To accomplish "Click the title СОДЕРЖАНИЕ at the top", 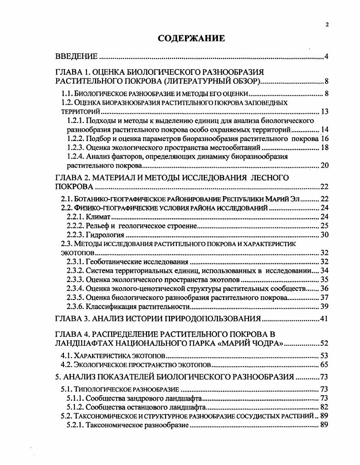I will tap(191, 38).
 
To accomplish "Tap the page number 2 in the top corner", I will tap(327, 25).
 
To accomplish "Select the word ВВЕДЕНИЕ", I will tap(76, 57).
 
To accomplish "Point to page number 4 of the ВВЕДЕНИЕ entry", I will tap(326, 57).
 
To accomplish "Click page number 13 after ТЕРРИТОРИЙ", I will tap(324, 111).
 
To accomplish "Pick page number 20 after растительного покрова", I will tap(324, 165).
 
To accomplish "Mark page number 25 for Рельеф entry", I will tap(324, 226).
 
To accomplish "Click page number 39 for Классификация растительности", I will tap(324, 307).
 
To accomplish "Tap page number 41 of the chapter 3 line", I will tap(324, 318).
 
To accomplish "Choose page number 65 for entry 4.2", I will tap(324, 364).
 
